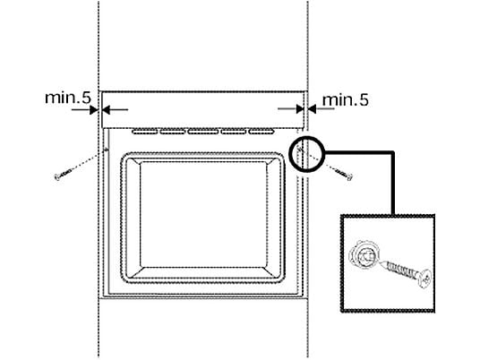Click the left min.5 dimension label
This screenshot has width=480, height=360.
tap(68, 98)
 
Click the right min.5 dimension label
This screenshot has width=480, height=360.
tap(346, 100)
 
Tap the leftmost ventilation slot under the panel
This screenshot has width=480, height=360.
tap(144, 132)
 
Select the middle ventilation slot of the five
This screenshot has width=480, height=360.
tap(203, 132)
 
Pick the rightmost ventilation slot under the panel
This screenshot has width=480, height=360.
tap(261, 132)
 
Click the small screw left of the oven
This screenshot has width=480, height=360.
tap(64, 175)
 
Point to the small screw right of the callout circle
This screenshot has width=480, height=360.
tap(345, 174)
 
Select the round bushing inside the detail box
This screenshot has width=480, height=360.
tap(364, 255)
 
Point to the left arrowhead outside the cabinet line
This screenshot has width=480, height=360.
tap(93, 109)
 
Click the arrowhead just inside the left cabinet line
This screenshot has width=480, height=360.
tap(106, 109)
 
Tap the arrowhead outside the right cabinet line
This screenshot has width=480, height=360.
tap(312, 108)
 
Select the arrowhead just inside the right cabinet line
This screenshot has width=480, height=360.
tap(300, 108)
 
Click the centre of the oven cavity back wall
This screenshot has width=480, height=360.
tap(203, 215)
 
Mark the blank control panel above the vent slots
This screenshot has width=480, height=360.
tap(202, 109)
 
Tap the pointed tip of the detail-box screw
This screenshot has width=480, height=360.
tap(380, 261)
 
